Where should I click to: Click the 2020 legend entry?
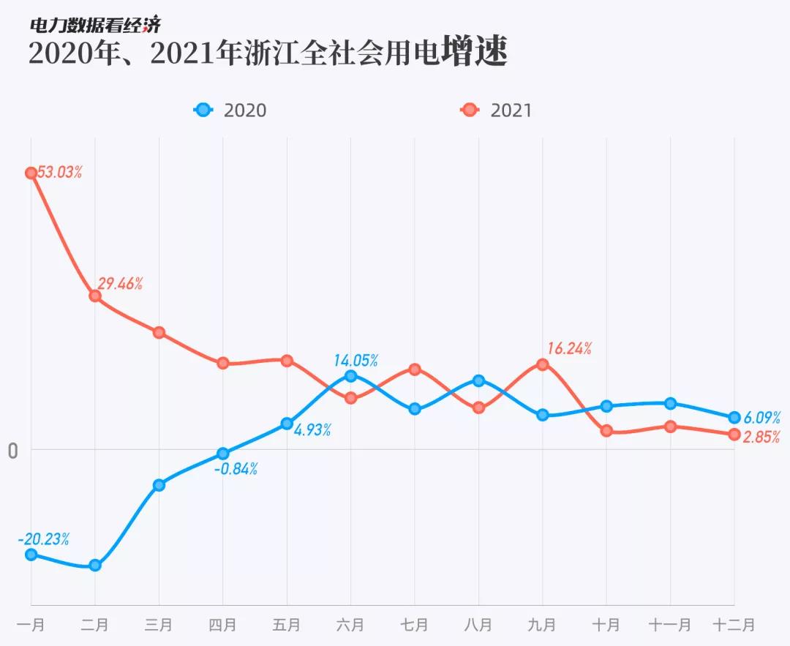[x=231, y=110]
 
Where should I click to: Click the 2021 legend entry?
[x=497, y=110]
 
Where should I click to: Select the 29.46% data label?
[x=120, y=284]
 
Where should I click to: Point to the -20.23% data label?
[x=44, y=539]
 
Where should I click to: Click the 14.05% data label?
[x=355, y=360]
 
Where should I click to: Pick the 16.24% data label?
[x=569, y=348]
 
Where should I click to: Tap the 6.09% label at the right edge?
[x=761, y=418]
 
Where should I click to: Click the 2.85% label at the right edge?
[x=761, y=437]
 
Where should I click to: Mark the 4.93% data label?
[x=312, y=430]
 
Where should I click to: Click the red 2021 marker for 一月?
[x=31, y=173]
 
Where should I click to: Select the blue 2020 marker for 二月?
[x=95, y=565]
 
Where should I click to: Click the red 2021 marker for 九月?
[x=543, y=364]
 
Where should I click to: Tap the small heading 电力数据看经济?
[x=94, y=25]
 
